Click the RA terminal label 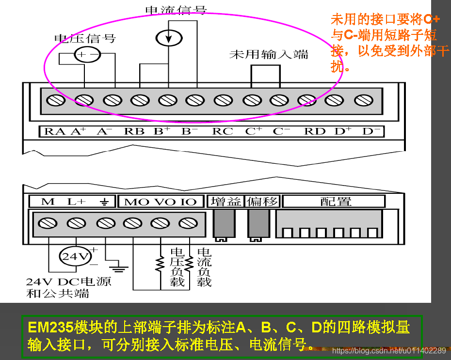tap(55, 131)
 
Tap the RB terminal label tap(134, 131)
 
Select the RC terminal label tap(223, 131)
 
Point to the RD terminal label tap(315, 131)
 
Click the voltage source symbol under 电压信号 tap(87, 55)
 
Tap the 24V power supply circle tap(75, 256)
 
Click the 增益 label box tap(226, 201)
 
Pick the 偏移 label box tap(262, 201)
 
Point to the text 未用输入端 tap(269, 54)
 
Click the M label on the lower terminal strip tap(48, 202)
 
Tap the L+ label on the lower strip tap(76, 202)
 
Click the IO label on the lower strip tap(188, 202)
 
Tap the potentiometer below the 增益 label tap(222, 225)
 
